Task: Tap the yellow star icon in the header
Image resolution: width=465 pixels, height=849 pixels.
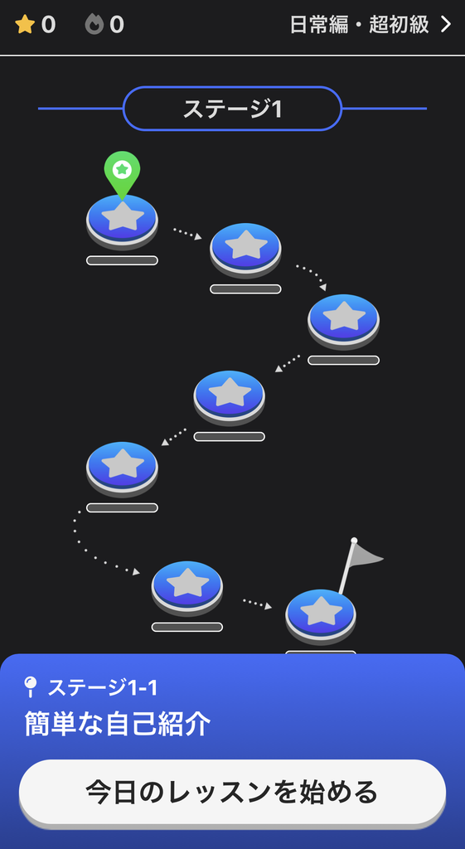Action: [25, 25]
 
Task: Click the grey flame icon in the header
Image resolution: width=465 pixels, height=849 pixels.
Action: [94, 25]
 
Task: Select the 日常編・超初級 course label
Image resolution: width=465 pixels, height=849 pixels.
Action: [360, 25]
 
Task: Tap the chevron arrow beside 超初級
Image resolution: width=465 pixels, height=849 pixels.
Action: [446, 25]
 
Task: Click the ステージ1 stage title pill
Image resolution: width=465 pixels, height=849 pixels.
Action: [233, 109]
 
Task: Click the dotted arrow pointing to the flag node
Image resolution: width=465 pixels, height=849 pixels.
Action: [257, 604]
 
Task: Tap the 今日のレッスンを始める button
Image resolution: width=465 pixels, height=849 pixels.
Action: [233, 792]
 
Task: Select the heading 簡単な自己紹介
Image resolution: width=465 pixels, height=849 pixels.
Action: [118, 724]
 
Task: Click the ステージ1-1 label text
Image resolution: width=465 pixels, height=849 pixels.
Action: [103, 688]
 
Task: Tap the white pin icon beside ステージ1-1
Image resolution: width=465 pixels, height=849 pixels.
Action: [31, 687]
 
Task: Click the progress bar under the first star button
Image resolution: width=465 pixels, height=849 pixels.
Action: [123, 260]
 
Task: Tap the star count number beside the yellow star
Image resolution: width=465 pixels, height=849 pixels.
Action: [48, 25]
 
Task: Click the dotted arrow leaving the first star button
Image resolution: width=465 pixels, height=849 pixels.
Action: [187, 233]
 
